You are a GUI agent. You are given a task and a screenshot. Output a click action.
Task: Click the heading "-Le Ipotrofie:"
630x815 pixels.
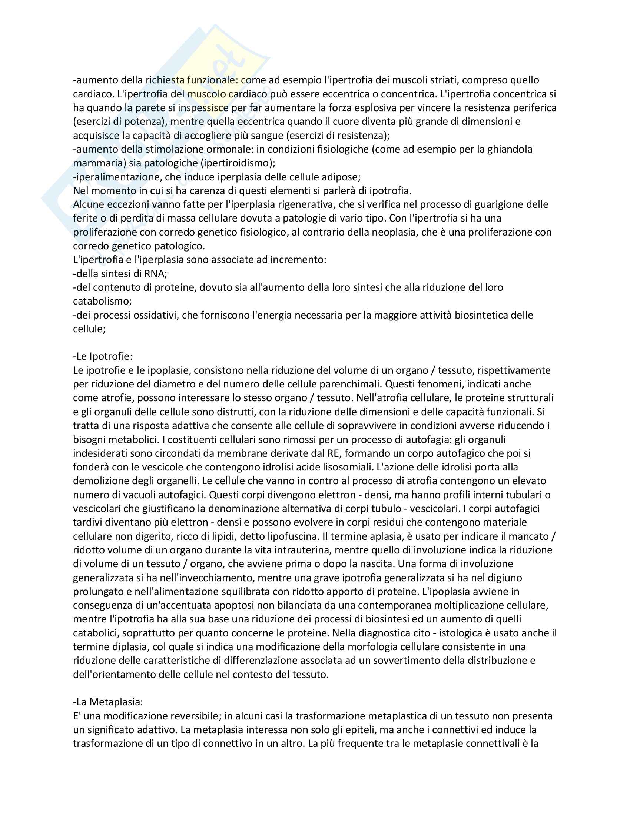coord(103,356)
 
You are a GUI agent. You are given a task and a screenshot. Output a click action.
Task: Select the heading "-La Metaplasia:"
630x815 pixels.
coord(108,702)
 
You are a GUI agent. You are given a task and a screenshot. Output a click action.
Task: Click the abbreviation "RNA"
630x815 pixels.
coord(153,273)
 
